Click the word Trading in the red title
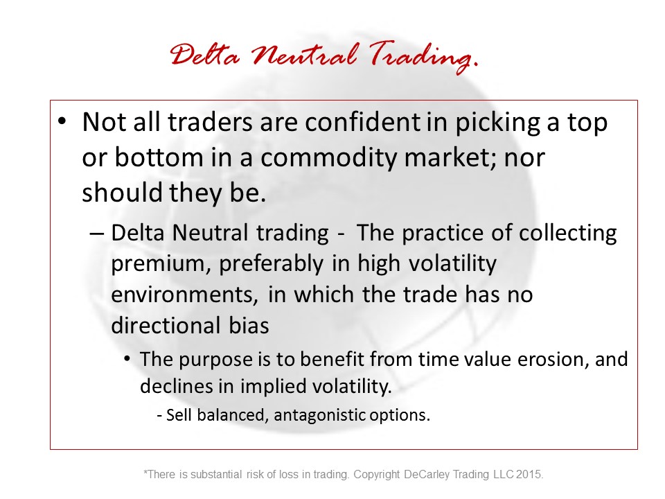423,56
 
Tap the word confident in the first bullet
362,122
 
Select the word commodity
328,159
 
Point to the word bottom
159,157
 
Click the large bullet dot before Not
62,121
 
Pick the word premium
161,264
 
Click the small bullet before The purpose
127,359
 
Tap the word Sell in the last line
179,415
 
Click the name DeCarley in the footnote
427,474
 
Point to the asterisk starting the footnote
145,471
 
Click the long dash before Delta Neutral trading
97,234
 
